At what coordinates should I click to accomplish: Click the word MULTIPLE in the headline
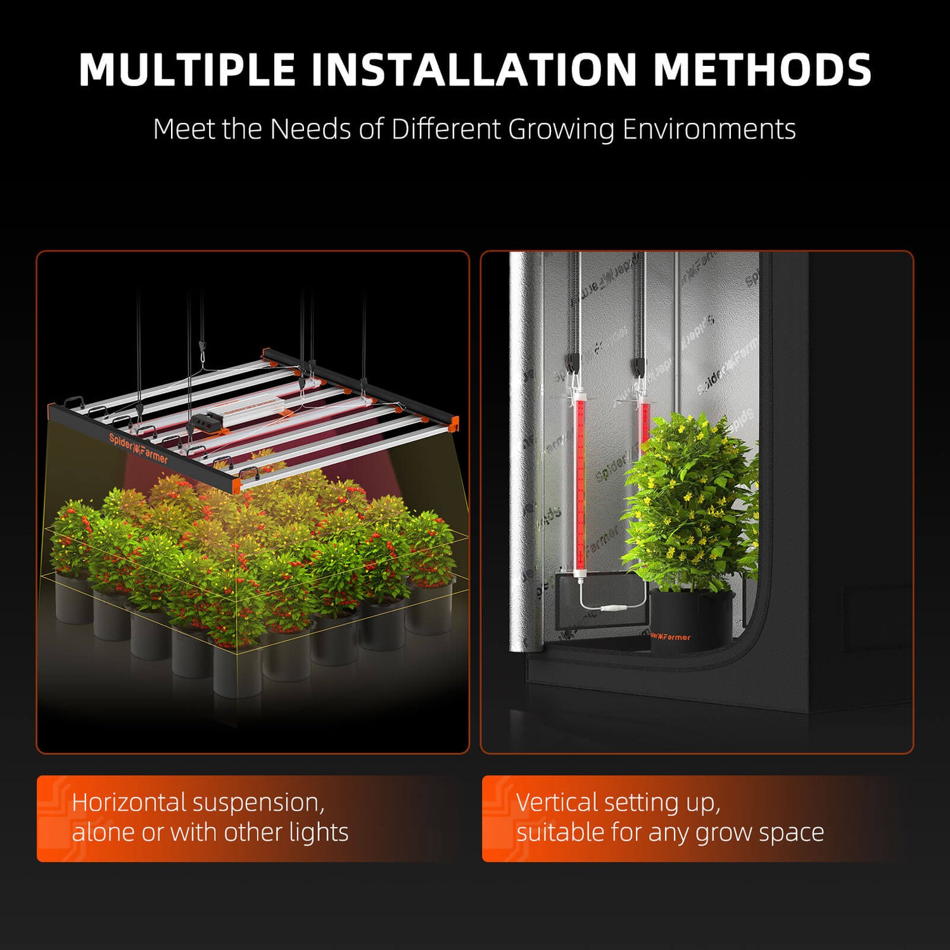187,69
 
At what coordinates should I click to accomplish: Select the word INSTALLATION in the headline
474,69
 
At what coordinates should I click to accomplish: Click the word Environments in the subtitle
709,129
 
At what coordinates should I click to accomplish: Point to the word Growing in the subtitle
561,129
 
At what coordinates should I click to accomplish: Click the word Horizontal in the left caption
129,802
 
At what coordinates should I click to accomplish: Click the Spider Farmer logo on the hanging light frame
138,448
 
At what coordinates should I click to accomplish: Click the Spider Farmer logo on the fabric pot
670,636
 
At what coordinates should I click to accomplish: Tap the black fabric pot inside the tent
690,617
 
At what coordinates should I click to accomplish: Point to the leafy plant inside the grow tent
690,500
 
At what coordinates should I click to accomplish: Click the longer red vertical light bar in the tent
579,481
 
